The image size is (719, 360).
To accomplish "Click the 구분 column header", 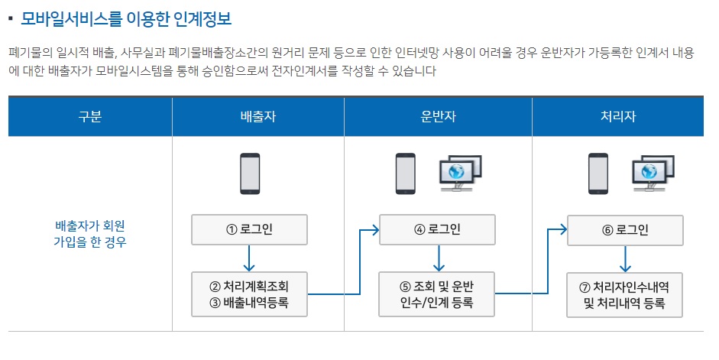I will click(89, 117).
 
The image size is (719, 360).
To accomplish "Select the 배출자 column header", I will click(257, 117).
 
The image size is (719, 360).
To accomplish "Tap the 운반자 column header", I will click(438, 117).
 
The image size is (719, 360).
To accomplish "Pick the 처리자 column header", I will click(618, 117).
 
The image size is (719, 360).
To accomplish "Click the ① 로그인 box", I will click(249, 230).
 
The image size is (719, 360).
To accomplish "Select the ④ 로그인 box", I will click(438, 229).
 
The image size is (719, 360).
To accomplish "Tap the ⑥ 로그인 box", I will click(624, 229).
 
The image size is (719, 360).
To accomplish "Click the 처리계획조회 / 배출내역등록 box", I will click(249, 294).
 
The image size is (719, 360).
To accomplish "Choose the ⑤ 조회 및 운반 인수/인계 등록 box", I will click(438, 294).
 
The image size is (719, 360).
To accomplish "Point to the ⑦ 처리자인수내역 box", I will click(624, 294).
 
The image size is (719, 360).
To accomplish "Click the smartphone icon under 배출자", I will click(249, 174).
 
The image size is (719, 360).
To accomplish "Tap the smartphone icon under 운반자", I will click(405, 174).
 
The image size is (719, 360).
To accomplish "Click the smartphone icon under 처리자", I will click(598, 174).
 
